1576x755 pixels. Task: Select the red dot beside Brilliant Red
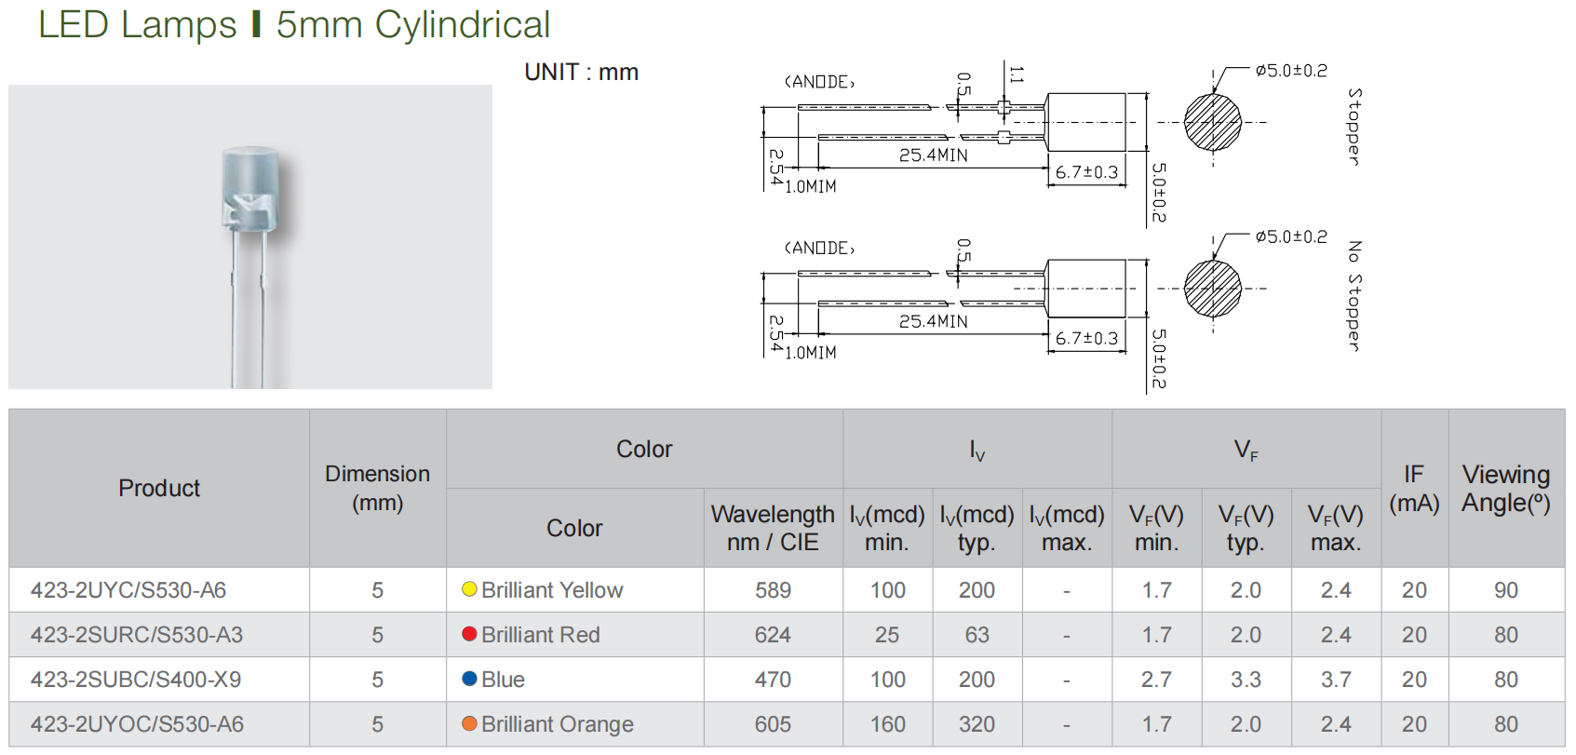(x=469, y=634)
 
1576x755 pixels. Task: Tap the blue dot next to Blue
(x=469, y=679)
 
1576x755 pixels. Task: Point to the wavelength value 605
(x=773, y=724)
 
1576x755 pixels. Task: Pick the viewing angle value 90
(x=1505, y=589)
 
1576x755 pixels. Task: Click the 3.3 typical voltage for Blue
(x=1246, y=679)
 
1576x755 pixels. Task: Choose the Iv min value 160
(x=887, y=724)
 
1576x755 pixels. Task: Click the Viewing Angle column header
(x=1505, y=489)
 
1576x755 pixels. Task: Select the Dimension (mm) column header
(x=377, y=489)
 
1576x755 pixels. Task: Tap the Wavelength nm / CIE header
(x=773, y=528)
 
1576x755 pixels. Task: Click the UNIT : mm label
(x=581, y=72)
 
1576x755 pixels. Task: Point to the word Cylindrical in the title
(x=463, y=25)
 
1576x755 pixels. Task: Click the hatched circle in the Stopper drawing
(x=1212, y=123)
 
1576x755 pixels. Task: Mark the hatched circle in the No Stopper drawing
(x=1212, y=289)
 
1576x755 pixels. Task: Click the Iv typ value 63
(x=977, y=635)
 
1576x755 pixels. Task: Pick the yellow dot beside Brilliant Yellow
(x=469, y=589)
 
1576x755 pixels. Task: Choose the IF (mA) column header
(x=1414, y=489)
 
